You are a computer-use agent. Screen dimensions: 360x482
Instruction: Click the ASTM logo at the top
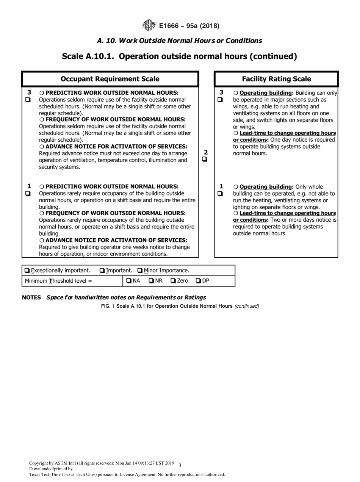(x=149, y=26)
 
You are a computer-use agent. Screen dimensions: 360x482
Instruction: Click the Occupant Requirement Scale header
(x=110, y=79)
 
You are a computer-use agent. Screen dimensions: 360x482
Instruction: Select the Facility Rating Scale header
(x=276, y=79)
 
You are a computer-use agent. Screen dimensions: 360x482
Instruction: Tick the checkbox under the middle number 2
(x=205, y=160)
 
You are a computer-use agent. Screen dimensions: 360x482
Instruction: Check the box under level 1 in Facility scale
(x=220, y=194)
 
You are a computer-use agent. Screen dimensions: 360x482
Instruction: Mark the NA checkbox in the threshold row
(x=129, y=281)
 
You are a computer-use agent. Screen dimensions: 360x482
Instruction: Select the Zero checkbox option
(x=173, y=281)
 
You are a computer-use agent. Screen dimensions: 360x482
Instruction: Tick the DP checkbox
(x=198, y=281)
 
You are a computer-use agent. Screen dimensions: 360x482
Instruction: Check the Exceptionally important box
(x=27, y=271)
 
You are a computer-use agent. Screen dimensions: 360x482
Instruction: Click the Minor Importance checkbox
(x=140, y=271)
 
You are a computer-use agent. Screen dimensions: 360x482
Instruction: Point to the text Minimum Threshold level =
(x=58, y=281)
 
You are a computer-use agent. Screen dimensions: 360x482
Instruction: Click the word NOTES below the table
(x=31, y=297)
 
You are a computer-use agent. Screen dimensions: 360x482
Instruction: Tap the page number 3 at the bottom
(x=180, y=465)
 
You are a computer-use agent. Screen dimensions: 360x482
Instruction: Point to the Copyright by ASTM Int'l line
(x=102, y=463)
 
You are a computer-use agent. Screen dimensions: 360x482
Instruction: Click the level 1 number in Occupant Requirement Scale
(x=29, y=186)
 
